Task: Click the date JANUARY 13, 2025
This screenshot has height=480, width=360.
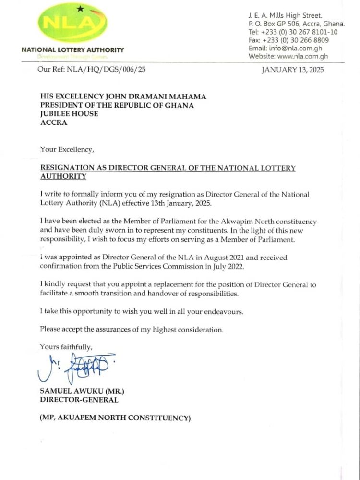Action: click(x=292, y=70)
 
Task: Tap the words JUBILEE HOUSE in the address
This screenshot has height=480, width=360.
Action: click(x=69, y=114)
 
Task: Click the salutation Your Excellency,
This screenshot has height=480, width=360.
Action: click(x=67, y=150)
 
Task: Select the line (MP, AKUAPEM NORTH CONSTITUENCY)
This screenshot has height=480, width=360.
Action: click(x=115, y=418)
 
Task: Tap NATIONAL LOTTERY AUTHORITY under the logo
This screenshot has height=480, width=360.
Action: click(x=72, y=49)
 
